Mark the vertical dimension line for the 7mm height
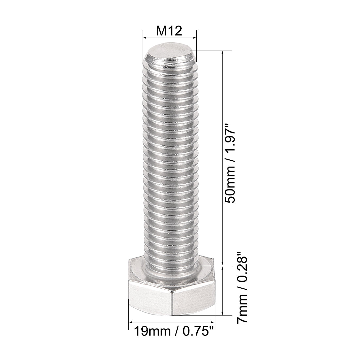pyautogui.click(x=223, y=291)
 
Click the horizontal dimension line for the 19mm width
pyautogui.click(x=171, y=322)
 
